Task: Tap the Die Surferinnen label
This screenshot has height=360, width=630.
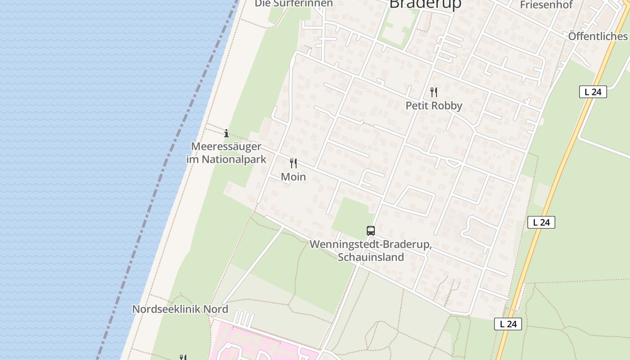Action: [x=294, y=4]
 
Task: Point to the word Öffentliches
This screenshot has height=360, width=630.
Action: [x=598, y=36]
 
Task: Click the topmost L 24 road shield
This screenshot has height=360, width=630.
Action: [x=593, y=92]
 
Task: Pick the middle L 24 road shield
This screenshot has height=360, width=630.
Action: [x=541, y=222]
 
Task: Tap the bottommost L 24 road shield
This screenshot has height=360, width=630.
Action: [x=508, y=324]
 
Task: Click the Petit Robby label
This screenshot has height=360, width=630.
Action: [x=434, y=106]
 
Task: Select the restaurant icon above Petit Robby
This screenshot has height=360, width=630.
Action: [x=434, y=92]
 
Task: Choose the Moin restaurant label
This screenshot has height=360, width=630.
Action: [x=293, y=177]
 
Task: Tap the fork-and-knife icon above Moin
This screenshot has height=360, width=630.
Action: [x=293, y=163]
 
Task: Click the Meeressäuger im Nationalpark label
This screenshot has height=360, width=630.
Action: [x=226, y=153]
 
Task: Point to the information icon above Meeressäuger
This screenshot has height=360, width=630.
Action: [x=226, y=133]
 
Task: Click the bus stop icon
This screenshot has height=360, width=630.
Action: [x=371, y=231]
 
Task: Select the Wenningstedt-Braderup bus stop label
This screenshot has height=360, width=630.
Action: [x=371, y=245]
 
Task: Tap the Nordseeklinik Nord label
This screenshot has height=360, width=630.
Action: [x=180, y=309]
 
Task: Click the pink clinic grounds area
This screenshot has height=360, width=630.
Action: [x=252, y=344]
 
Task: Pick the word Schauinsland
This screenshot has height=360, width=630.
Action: [x=371, y=257]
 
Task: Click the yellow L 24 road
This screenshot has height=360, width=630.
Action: [x=558, y=180]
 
